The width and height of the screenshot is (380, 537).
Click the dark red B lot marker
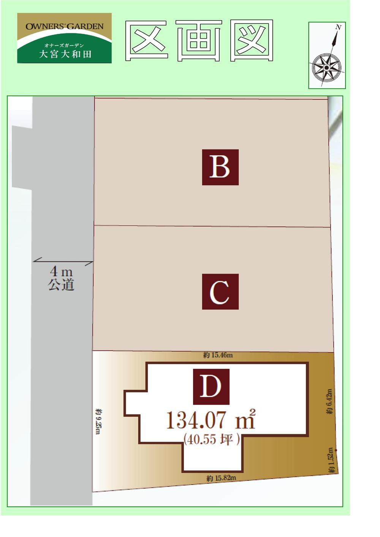220,167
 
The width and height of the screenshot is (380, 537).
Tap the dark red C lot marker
220,291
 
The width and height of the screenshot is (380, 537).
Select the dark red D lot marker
211,386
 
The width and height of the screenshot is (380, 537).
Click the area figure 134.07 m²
211,420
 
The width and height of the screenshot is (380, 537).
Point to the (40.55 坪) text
211,439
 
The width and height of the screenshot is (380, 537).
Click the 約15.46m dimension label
218,355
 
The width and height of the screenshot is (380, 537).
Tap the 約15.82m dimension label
221,478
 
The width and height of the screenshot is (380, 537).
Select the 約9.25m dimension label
98,421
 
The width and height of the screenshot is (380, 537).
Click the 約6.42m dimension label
329,402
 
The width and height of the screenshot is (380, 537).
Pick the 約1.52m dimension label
331,460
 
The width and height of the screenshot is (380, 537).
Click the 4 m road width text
61,272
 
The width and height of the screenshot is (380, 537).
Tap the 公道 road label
61,285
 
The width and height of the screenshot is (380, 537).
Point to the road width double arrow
63,261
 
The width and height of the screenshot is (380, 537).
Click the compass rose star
326,67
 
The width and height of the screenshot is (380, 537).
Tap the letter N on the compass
338,27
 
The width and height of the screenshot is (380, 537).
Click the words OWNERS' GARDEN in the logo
65,27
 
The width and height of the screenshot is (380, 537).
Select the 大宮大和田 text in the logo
65,54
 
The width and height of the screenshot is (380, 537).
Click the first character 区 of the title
147,41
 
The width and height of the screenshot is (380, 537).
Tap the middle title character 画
199,41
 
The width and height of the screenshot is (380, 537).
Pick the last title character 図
252,41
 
